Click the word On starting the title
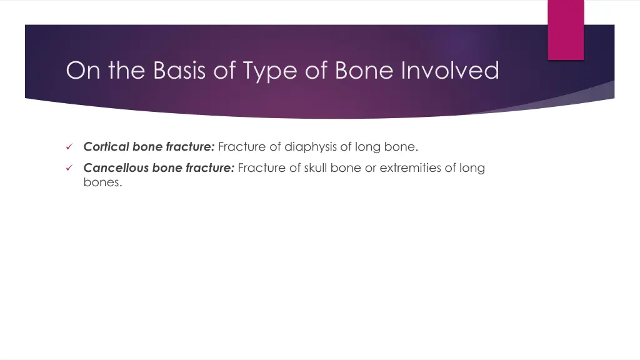tap(84, 70)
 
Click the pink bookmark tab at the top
tap(566, 29)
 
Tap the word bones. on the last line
tap(102, 182)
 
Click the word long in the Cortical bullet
tap(367, 147)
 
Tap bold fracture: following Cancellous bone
tap(209, 167)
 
